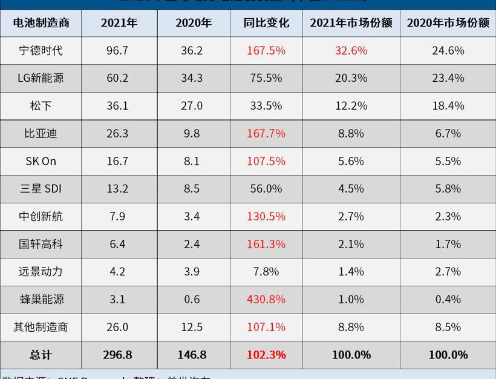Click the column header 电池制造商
coord(41,23)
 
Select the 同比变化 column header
coord(266,23)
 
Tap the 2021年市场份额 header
coord(351,23)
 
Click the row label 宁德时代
coord(41,51)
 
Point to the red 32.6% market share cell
coord(351,51)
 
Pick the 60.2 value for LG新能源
coord(117,78)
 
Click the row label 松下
coord(41,106)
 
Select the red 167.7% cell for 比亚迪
coord(266,134)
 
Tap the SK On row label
coord(41,161)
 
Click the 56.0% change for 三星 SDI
coord(266,189)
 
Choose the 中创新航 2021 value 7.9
coord(117,217)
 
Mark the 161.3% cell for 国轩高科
coord(266,245)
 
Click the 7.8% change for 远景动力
coord(266,272)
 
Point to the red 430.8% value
coord(266,300)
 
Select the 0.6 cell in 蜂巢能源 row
coord(192,300)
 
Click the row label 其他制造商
coord(41,328)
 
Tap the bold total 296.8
coord(117,355)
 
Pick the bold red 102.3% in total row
coord(266,355)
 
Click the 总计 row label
coord(41,355)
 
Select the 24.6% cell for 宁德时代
coord(448,51)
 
